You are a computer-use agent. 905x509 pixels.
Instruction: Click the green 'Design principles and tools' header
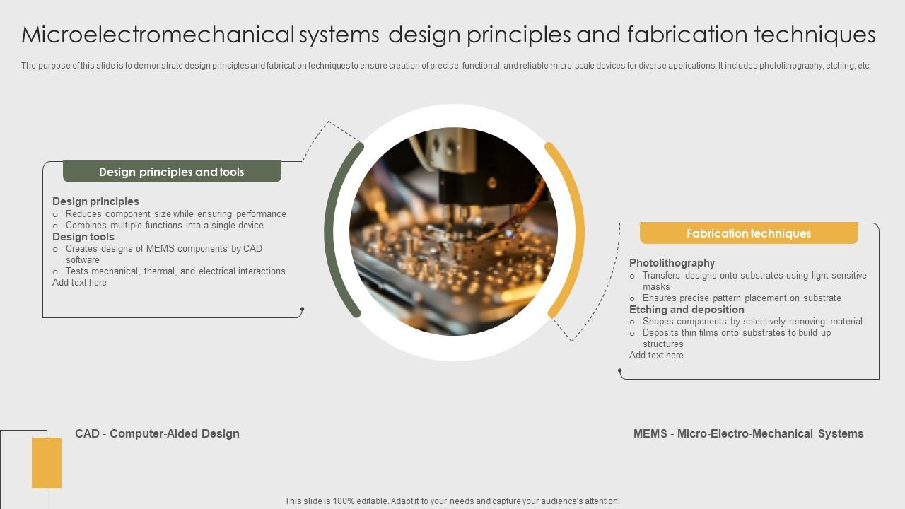tap(172, 172)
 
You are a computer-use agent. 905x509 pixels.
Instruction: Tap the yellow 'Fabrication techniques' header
tap(749, 233)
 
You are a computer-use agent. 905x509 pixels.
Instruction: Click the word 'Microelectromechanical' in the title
tap(158, 35)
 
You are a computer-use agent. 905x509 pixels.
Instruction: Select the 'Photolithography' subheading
tap(672, 263)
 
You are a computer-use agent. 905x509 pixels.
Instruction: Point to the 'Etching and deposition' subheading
tap(687, 310)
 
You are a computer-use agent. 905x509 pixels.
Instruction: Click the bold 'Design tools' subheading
tap(83, 237)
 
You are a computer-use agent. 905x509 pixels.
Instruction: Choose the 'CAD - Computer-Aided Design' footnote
tap(157, 433)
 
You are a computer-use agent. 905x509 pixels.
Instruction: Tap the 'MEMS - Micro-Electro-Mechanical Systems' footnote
tap(748, 433)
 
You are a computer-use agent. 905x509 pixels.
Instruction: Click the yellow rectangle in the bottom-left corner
tap(47, 463)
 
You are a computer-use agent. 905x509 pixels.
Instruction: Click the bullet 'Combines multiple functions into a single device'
tap(165, 225)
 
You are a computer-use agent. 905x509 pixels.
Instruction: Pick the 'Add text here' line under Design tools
tap(79, 282)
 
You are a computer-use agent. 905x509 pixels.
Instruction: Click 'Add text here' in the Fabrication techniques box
tap(656, 355)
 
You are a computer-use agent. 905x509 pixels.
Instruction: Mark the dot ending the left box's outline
tap(302, 309)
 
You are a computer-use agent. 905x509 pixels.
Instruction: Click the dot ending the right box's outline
tap(620, 370)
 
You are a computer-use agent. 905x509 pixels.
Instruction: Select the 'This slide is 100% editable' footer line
tap(452, 501)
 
